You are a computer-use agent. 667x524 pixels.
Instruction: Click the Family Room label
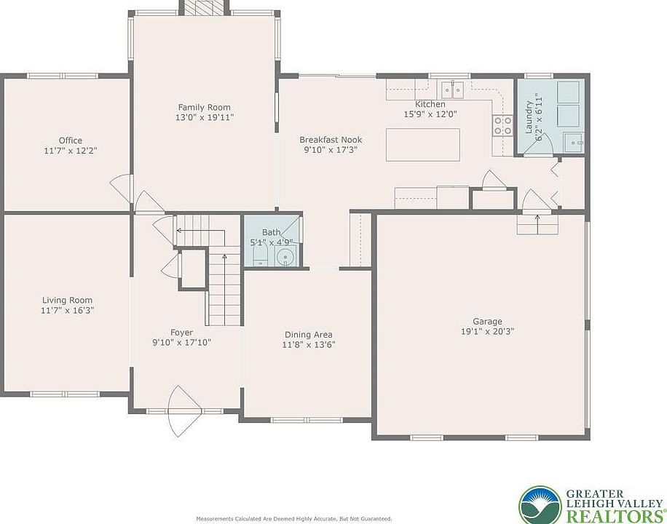(x=204, y=107)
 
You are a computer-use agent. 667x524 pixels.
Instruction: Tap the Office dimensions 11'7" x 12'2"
(x=71, y=151)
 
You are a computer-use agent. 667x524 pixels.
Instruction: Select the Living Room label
(x=67, y=301)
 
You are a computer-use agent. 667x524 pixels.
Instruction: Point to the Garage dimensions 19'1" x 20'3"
(x=487, y=331)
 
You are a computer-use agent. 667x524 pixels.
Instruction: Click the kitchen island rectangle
(x=423, y=145)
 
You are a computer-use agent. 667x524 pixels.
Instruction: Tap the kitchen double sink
(x=451, y=90)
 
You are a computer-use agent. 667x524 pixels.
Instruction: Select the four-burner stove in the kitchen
(x=503, y=125)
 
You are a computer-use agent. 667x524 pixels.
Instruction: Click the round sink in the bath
(x=285, y=257)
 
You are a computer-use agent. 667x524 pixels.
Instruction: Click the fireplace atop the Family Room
(x=204, y=7)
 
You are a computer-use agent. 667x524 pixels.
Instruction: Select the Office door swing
(x=120, y=188)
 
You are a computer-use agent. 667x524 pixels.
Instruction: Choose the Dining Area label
(x=309, y=335)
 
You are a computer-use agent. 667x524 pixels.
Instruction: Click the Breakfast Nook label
(x=331, y=140)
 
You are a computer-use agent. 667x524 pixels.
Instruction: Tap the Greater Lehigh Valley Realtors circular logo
(x=540, y=505)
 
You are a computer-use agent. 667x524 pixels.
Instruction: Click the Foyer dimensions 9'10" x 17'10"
(x=181, y=342)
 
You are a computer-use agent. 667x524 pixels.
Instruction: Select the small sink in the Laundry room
(x=573, y=142)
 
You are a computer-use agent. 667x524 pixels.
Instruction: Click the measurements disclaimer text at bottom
(x=294, y=519)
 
